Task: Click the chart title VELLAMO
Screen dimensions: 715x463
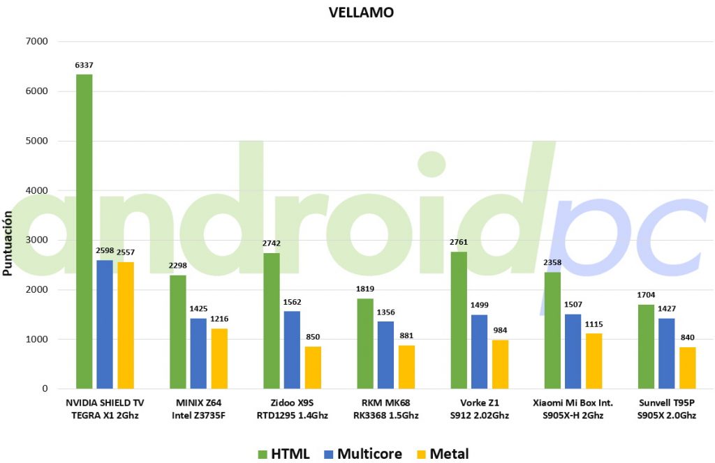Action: (x=361, y=13)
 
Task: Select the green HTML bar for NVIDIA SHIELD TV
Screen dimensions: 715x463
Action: (x=84, y=231)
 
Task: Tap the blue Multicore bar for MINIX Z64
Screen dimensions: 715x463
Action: (x=198, y=354)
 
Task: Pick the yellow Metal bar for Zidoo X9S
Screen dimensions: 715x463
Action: (x=313, y=367)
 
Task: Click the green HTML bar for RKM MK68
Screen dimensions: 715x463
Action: (x=365, y=344)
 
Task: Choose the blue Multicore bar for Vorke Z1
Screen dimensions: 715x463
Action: (x=479, y=351)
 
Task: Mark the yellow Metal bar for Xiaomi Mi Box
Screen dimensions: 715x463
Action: (x=594, y=361)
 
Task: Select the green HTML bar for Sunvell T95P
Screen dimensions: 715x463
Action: (x=646, y=347)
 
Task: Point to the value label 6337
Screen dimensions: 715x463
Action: (x=84, y=65)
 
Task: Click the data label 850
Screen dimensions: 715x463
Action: (x=313, y=337)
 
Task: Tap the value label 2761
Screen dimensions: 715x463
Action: (x=459, y=242)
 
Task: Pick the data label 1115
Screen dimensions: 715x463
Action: (x=594, y=324)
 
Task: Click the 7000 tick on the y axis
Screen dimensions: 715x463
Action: (x=37, y=41)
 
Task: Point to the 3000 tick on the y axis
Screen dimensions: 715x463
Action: (x=37, y=240)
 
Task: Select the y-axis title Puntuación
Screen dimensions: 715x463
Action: (x=7, y=243)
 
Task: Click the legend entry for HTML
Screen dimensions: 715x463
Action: (x=283, y=454)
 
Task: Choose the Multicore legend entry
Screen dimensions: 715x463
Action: (x=363, y=454)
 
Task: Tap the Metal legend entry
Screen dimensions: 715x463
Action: (x=443, y=454)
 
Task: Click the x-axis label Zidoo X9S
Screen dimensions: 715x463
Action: (x=292, y=403)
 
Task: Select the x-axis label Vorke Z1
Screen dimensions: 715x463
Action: (x=479, y=403)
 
